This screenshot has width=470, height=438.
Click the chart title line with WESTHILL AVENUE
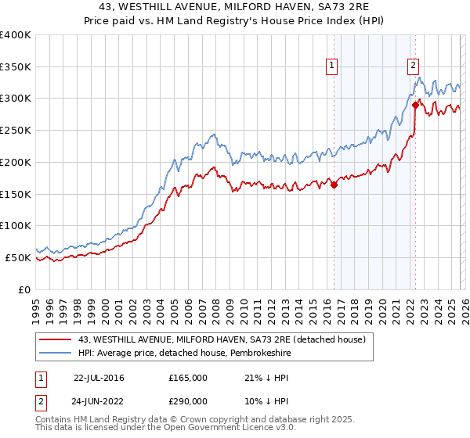[234, 8]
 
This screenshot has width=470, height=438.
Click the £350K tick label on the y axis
[16, 67]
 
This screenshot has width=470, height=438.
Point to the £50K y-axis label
[18, 257]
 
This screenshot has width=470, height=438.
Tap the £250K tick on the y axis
[16, 131]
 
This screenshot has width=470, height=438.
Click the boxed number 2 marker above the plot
[413, 66]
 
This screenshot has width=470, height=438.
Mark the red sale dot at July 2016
[334, 185]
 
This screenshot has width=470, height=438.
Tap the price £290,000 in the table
[188, 401]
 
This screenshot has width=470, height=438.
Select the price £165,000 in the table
[188, 378]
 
